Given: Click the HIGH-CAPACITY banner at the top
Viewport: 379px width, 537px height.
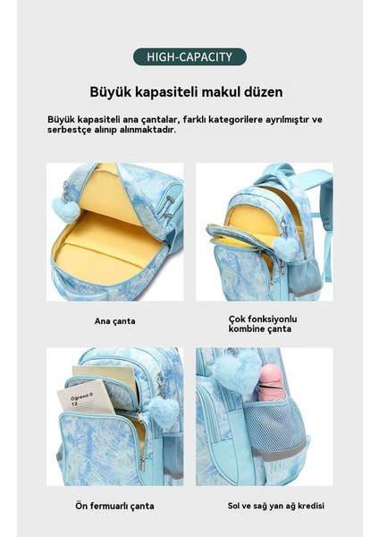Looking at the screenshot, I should [x=189, y=58].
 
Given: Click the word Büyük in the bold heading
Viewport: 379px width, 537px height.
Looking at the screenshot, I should [x=108, y=92].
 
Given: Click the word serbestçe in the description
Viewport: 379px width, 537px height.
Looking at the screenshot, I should [x=71, y=129].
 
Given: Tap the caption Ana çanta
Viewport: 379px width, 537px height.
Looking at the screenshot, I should [x=115, y=320].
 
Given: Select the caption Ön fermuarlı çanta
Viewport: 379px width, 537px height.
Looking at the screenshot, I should [x=115, y=506].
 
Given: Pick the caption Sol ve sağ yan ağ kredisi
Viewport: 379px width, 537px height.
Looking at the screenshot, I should [x=264, y=506].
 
